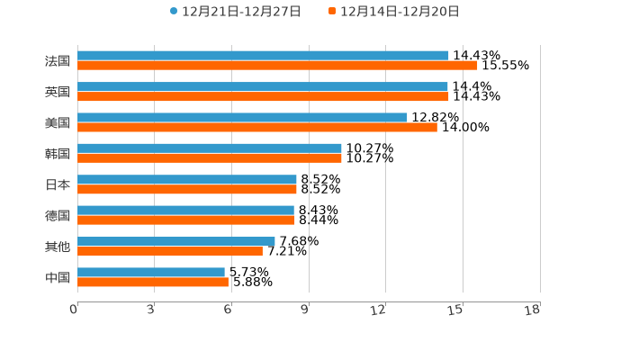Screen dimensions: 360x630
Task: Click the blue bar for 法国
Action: (x=263, y=56)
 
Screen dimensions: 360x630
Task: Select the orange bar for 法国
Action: (x=277, y=66)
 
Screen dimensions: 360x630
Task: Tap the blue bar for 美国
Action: (x=242, y=117)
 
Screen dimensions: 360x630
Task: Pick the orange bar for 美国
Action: (x=257, y=128)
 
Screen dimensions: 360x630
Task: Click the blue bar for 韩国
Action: (x=210, y=148)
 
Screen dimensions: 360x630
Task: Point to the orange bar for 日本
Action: (x=187, y=190)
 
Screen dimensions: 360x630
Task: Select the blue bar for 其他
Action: (x=176, y=241)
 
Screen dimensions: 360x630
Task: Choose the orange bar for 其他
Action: (x=170, y=251)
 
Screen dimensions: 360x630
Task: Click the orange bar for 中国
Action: (x=153, y=283)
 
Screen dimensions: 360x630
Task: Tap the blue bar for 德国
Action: (x=185, y=210)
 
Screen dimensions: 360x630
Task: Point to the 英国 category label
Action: (x=58, y=92)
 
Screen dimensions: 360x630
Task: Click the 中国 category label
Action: (x=58, y=278)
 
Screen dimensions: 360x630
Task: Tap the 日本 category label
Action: (x=58, y=184)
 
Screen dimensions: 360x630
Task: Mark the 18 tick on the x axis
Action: (x=533, y=310)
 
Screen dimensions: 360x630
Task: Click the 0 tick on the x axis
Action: (x=74, y=310)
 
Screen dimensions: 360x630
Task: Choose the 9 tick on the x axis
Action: (x=305, y=310)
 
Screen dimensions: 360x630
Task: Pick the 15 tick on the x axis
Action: (x=455, y=310)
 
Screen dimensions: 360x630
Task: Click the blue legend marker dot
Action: (x=174, y=12)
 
